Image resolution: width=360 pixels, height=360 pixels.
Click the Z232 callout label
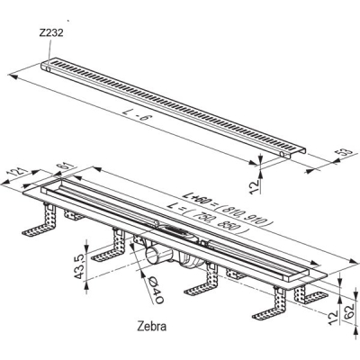51,32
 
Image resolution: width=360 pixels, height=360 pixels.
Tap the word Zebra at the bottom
151,326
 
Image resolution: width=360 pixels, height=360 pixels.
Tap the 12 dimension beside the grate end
256,186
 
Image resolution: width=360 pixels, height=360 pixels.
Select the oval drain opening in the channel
173,230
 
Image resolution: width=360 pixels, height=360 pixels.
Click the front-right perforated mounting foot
270,304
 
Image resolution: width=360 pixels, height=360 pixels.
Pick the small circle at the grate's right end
283,154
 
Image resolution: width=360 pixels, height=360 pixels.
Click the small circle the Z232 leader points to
48,69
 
